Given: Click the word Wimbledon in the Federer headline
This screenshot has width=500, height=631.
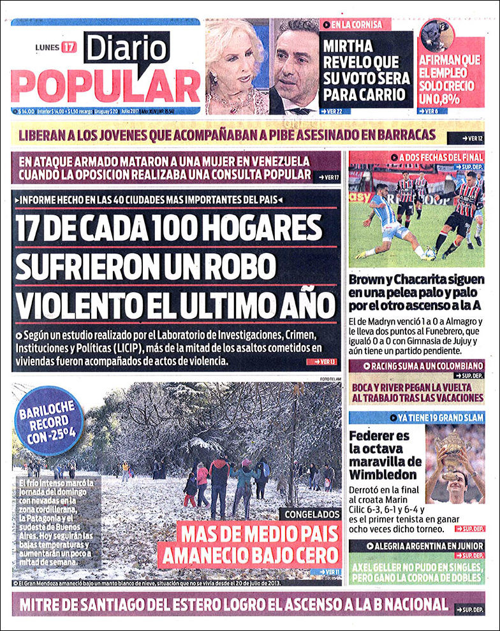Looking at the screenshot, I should pyautogui.click(x=383, y=474).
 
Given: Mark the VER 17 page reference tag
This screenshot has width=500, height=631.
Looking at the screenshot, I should pyautogui.click(x=329, y=176).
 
